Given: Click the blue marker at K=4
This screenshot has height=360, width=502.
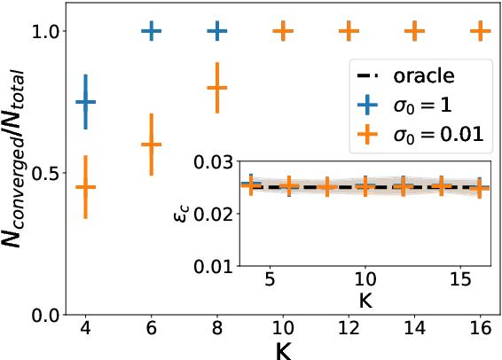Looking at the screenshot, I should (x=86, y=102).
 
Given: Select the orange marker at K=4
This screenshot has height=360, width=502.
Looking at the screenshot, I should (x=86, y=187).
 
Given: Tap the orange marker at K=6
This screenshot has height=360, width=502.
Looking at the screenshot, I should (x=152, y=145).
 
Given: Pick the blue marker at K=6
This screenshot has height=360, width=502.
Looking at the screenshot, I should (x=152, y=31).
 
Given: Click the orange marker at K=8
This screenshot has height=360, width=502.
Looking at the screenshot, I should (x=217, y=88).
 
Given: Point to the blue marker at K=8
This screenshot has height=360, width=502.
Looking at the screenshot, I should (x=217, y=31).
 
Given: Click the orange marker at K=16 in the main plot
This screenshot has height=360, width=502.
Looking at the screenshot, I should (x=480, y=31).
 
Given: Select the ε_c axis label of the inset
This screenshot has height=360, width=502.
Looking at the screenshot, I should (x=180, y=214).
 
